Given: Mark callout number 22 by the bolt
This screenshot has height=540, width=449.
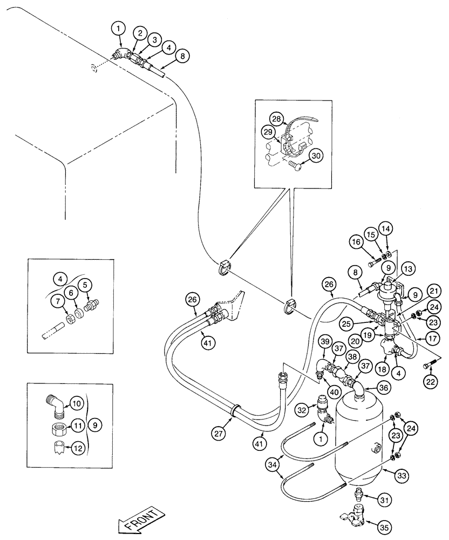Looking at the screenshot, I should [430, 382].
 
